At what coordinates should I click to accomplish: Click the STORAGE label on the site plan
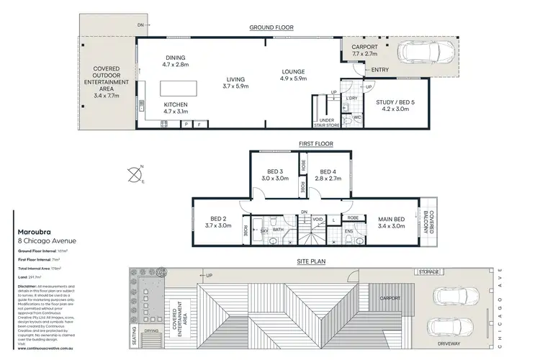431,271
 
